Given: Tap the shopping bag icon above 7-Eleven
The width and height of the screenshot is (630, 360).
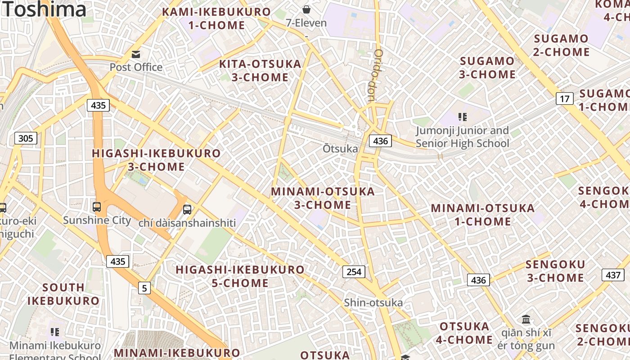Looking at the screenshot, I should point(306,9).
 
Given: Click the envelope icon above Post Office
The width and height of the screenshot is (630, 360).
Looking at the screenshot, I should point(136,54).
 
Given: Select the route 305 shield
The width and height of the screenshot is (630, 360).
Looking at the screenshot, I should point(26,138).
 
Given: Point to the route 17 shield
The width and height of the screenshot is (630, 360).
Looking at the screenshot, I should point(564,99).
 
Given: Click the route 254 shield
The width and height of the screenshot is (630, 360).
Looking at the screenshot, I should point(354,272).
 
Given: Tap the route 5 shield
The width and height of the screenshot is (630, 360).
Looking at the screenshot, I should point(144,288).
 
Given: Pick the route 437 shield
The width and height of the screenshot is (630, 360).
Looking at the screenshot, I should point(613,275).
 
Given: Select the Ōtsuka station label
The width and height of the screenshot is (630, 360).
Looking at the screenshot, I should point(340,148).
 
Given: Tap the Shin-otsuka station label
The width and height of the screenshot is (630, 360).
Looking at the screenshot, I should point(373,302).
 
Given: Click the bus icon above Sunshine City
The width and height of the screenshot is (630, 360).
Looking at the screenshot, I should point(97,207).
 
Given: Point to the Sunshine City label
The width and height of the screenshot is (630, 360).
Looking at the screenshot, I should point(97,220).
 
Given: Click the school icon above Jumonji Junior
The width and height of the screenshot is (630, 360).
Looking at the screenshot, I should point(462,117).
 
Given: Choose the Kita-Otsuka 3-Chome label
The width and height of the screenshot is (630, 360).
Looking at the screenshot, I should point(260,71).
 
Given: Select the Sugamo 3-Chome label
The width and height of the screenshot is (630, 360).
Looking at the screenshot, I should point(487,67).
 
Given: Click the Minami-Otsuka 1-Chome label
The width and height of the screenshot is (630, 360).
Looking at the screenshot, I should point(483,215).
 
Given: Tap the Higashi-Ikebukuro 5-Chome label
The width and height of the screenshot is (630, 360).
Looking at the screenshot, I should point(240,276).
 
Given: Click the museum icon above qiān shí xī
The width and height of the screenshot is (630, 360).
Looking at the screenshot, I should point(526,319).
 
